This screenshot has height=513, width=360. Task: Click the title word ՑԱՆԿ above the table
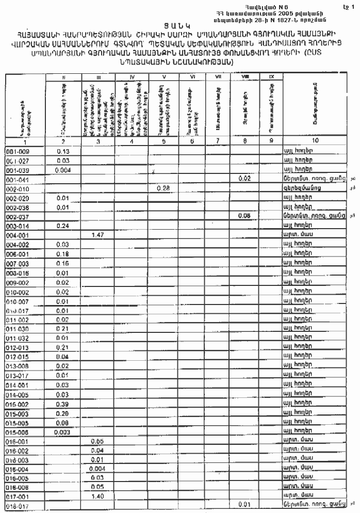(x=180, y=24)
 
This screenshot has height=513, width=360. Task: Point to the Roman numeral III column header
(x=98, y=77)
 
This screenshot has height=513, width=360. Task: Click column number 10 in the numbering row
(x=315, y=140)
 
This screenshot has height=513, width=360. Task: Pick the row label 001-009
(x=18, y=151)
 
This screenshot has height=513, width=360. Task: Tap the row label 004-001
(x=18, y=235)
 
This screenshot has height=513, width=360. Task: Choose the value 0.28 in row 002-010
(x=163, y=188)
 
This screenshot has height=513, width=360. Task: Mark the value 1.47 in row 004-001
(x=98, y=235)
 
